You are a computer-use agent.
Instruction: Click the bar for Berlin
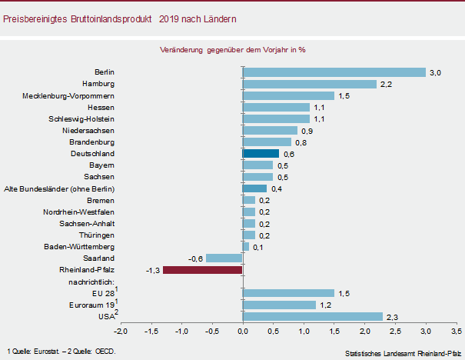tap(334, 72)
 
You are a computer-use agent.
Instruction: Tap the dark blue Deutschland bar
tap(261, 154)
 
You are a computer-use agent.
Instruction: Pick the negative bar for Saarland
tap(224, 258)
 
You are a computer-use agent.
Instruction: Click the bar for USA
tap(313, 316)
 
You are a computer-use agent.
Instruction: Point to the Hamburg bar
tap(310, 84)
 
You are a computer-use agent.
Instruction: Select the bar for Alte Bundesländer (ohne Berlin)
tap(254, 188)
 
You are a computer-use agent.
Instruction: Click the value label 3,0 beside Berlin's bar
tap(434, 73)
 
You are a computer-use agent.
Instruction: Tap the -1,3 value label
tap(152, 271)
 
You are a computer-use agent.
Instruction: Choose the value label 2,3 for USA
tap(391, 317)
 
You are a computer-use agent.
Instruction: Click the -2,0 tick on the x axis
tap(121, 332)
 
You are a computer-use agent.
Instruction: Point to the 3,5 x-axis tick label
tap(457, 332)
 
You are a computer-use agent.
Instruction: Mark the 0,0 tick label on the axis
tap(243, 332)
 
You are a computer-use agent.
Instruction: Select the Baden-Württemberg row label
tap(80, 247)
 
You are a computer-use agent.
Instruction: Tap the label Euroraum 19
tap(90, 305)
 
